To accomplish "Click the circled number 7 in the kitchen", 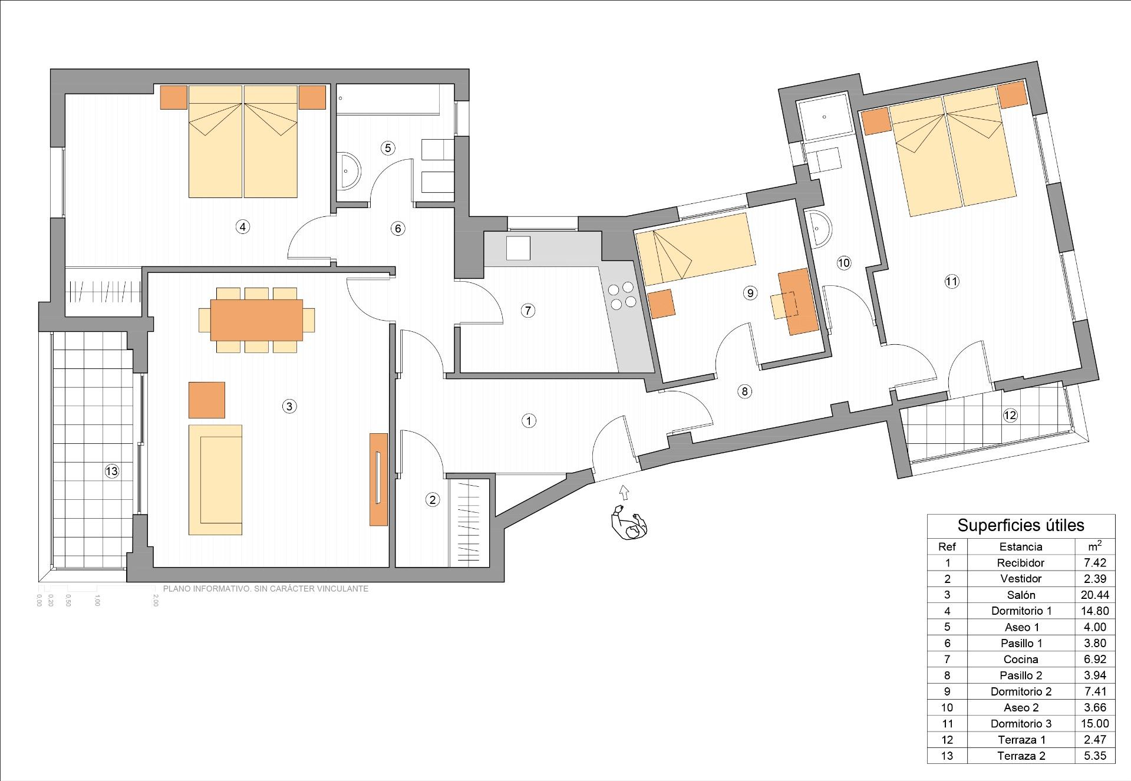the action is [528, 311].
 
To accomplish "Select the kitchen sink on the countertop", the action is [518, 248].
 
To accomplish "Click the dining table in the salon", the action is [256, 320].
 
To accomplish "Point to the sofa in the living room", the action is [215, 479].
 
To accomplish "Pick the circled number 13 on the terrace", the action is [111, 471].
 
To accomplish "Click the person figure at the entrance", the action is [629, 523].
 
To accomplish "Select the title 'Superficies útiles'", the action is [1021, 525].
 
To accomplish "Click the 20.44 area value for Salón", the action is [1094, 595].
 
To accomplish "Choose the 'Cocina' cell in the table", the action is [1021, 659].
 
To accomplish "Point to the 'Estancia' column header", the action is [1021, 546].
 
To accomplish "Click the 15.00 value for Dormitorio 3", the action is [1094, 723].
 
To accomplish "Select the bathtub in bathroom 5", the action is [389, 100].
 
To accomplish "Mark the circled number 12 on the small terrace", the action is [1010, 416].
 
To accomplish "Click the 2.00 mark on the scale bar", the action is [156, 600].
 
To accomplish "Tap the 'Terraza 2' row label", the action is [1021, 756].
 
